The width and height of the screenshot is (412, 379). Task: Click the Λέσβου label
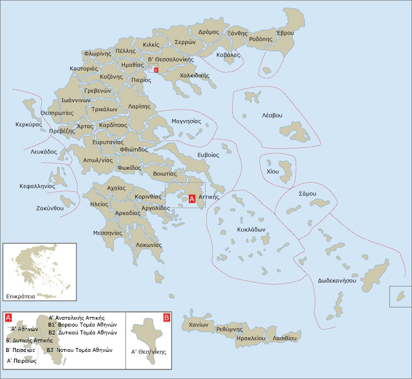coord(272,115)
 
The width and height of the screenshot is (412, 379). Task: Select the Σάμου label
coord(307,193)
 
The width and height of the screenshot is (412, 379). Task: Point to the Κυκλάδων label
coord(251,230)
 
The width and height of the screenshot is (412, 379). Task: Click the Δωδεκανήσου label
coord(336,280)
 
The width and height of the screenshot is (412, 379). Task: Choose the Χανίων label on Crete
coord(199,325)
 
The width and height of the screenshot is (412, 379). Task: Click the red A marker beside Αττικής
coord(192,199)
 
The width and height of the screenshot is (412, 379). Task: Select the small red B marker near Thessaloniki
coord(156,70)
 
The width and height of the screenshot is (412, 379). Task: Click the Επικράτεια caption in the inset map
coord(21,296)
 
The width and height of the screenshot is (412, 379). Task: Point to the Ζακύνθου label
coord(49,208)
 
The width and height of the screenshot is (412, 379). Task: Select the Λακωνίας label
coord(149,245)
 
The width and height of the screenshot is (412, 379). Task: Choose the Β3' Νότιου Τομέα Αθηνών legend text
coord(80,350)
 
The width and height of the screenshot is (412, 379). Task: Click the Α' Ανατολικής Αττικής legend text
coord(76,318)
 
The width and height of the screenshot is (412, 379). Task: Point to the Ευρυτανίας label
coord(109,142)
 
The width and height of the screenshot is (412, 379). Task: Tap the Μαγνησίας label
coord(186,121)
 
